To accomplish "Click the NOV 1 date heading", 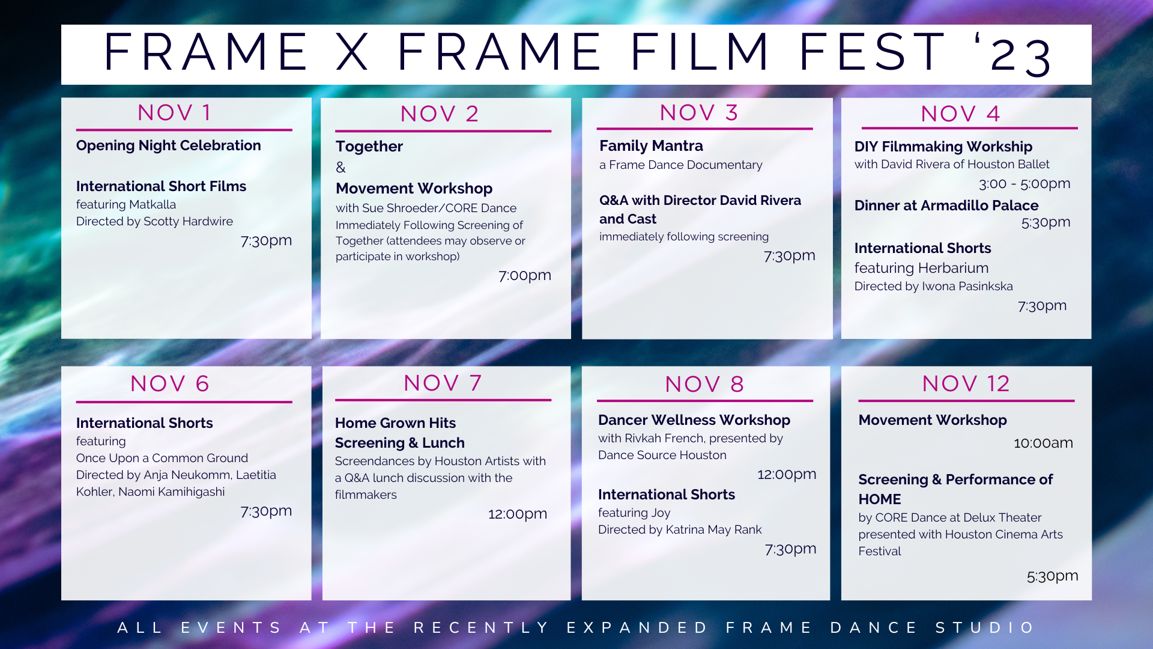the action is pos(174,112).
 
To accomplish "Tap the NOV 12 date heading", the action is pos(966,383).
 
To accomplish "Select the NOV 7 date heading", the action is pos(443,383).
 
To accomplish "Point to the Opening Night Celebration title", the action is pos(169,145).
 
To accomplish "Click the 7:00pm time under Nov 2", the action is pos(525,275).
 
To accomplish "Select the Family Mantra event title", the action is pos(651,146).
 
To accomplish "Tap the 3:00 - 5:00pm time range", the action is pos(1024,183).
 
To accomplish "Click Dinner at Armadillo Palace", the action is pos(946,206).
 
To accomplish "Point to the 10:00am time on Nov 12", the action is pos(1043,443).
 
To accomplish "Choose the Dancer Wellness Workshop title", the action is pos(694,420).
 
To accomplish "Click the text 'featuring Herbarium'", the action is pos(921,268).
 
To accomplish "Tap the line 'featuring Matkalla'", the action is pos(126,204).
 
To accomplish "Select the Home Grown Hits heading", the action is pos(395,423).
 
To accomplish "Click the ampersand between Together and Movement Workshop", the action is pos(340,167).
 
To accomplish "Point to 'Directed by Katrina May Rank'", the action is pos(680,529).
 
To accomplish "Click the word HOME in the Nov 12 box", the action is pos(880,499).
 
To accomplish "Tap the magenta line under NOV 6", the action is pos(184,402).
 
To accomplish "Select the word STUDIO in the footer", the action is pos(985,627).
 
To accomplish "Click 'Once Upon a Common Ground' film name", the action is pos(162,458).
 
